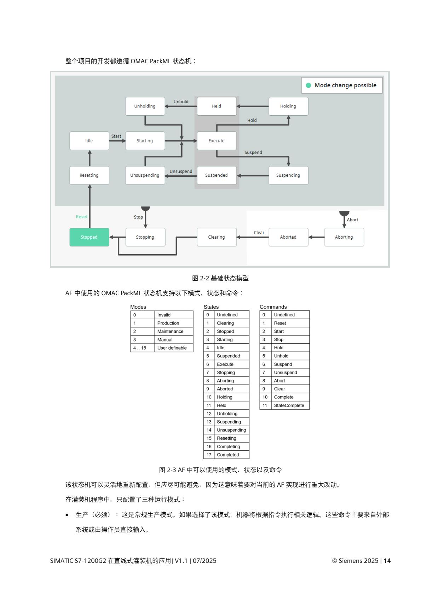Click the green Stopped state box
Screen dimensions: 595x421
click(89, 237)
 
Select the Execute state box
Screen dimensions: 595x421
click(217, 141)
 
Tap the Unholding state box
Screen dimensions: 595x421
click(145, 106)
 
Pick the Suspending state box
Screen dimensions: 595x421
click(288, 175)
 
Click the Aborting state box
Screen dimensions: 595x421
click(344, 237)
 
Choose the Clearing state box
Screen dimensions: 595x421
click(217, 237)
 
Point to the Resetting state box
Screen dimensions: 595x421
click(89, 175)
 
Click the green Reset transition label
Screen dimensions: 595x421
click(82, 217)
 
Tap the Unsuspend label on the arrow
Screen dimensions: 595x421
click(181, 171)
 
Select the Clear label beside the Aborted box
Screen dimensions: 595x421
click(259, 233)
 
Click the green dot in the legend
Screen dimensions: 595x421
click(308, 85)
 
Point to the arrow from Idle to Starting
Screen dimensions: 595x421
click(117, 141)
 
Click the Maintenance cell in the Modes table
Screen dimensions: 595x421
click(171, 331)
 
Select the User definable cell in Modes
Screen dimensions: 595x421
click(172, 348)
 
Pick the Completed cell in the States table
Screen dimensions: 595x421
click(228, 455)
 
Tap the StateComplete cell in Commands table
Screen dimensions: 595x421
click(289, 406)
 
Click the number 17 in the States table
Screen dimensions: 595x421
click(209, 455)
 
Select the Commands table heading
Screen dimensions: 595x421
click(273, 307)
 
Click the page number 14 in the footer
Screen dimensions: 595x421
click(387, 561)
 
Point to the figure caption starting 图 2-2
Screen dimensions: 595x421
click(220, 278)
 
